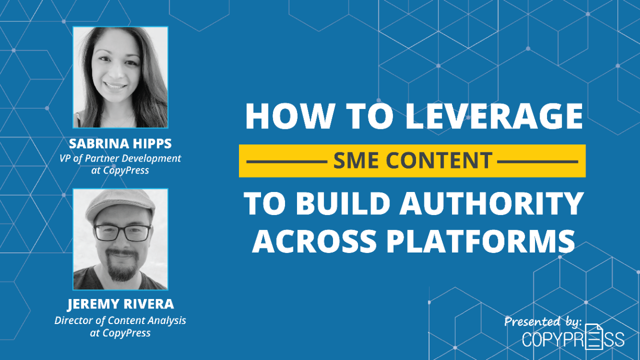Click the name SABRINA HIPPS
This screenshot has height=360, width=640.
pos(120,144)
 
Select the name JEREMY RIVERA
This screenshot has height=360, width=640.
pos(120,304)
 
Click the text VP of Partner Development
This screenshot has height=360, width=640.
pos(120,158)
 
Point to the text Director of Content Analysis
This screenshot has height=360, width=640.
pos(120,320)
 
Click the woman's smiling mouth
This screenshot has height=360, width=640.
pos(116,85)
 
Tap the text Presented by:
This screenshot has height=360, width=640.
pos(543,321)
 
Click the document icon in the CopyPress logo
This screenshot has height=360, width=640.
pos(594,336)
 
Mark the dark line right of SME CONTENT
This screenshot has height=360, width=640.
pos(538,161)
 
